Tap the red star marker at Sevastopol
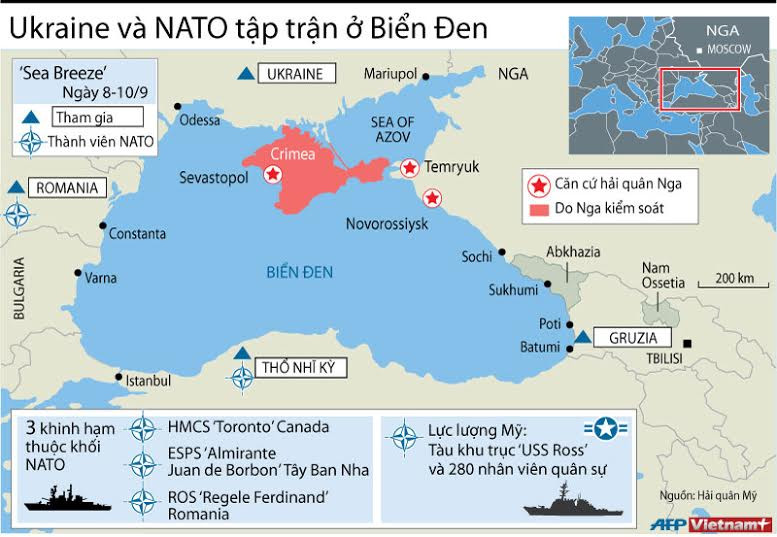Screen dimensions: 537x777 pyautogui.click(x=271, y=175)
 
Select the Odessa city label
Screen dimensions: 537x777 pyautogui.click(x=198, y=120)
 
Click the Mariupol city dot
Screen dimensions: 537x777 pyautogui.click(x=427, y=75)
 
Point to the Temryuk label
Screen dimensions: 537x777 pyautogui.click(x=452, y=166)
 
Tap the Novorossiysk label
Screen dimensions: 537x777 pyautogui.click(x=386, y=221)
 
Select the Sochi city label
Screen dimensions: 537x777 pyautogui.click(x=476, y=257)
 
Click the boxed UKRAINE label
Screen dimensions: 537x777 pyautogui.click(x=297, y=73)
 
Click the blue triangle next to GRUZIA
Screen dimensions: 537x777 pyautogui.click(x=581, y=337)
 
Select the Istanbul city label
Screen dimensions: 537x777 pyautogui.click(x=150, y=381)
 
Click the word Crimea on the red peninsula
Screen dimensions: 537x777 pyautogui.click(x=292, y=154)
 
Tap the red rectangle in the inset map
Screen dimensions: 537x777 pyautogui.click(x=699, y=89)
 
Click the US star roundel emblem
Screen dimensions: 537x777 pyautogui.click(x=607, y=429)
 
